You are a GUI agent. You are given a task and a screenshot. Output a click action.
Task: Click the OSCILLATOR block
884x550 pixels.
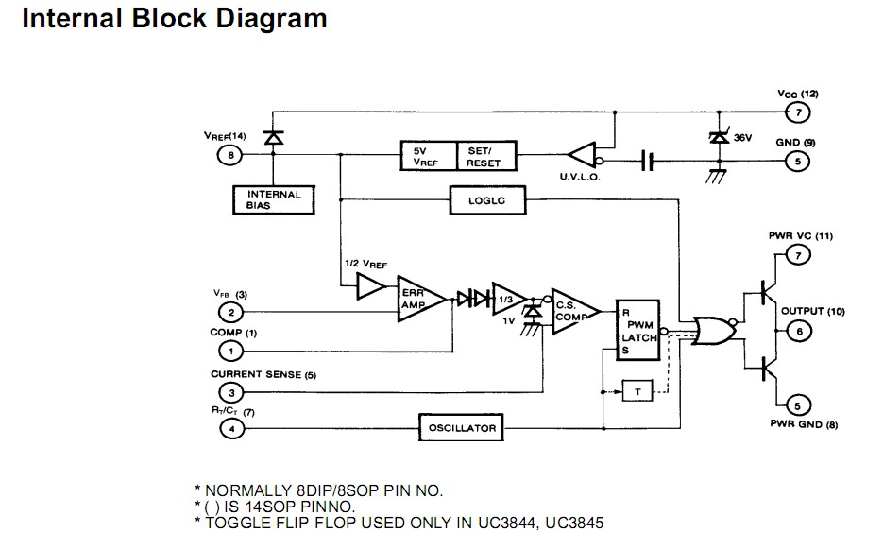point(462,428)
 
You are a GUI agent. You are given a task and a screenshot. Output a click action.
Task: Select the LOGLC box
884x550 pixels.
point(486,199)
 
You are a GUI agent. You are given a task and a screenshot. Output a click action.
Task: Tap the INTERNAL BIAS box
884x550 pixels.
point(273,199)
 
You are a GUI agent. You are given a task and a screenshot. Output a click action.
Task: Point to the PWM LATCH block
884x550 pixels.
point(637,331)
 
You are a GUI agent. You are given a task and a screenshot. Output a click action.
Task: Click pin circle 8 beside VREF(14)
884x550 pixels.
point(229,156)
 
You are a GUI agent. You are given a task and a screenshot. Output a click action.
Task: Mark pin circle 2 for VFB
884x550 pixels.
point(229,313)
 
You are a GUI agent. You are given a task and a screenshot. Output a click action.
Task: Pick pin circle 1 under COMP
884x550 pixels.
point(229,351)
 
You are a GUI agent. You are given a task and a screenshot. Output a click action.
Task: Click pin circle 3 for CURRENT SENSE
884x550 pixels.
point(229,392)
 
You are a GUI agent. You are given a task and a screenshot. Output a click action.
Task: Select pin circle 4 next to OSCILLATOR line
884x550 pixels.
point(229,429)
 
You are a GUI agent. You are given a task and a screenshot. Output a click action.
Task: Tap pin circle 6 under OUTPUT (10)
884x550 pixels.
point(799,331)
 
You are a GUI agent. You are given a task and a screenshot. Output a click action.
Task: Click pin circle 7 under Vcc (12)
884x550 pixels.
point(799,113)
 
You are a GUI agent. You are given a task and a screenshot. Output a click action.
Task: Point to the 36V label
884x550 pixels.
point(742,138)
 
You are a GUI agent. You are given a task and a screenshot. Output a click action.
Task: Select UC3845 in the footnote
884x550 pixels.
point(570,523)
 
